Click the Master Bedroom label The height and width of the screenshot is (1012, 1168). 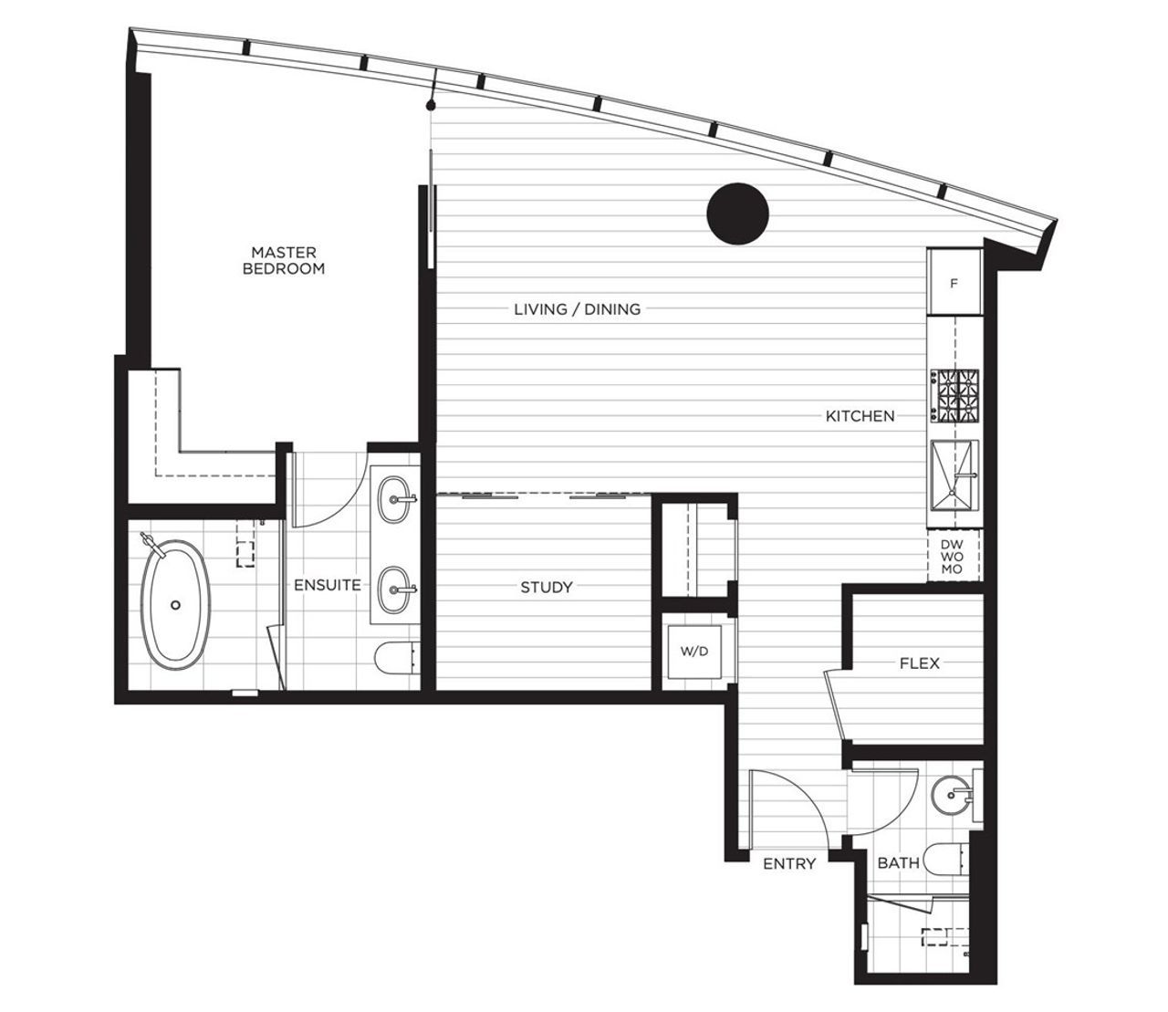pos(284,260)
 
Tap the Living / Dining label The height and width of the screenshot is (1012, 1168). pos(577,309)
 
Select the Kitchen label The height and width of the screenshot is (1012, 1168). pos(860,416)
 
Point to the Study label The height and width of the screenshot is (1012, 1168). pos(547,587)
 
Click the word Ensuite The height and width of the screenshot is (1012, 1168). pos(328,585)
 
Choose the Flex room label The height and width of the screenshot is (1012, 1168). pos(920,662)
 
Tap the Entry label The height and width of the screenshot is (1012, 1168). pos(789,863)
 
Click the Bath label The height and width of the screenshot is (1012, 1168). pos(899,863)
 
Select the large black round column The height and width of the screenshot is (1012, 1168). pos(738,214)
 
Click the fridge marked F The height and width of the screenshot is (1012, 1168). pos(954,283)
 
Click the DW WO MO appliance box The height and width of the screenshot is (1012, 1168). pos(954,557)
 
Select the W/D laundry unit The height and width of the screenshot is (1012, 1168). pos(694,652)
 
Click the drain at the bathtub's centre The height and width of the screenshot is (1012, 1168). pos(176,605)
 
